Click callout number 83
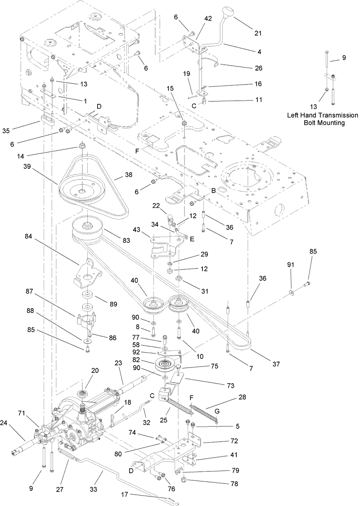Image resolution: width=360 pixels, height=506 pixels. (126, 241)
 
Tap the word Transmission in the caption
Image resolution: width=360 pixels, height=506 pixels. (330, 115)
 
